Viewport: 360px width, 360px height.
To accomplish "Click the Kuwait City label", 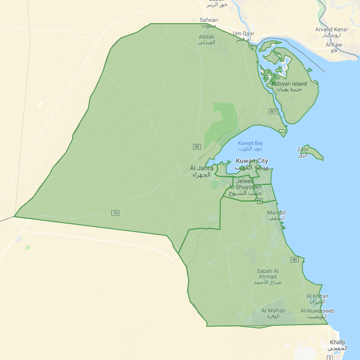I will [x=252, y=161].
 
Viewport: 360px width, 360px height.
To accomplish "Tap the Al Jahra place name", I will [x=201, y=168].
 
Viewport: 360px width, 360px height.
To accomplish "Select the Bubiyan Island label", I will [x=289, y=84].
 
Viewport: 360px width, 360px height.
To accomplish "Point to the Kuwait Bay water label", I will [x=250, y=143].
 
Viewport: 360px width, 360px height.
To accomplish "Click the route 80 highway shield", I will [x=197, y=147].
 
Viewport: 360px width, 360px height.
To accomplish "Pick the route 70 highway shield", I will [x=115, y=213].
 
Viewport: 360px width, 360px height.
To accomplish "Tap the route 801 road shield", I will [x=273, y=111].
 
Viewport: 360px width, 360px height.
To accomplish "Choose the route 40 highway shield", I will [x=294, y=260].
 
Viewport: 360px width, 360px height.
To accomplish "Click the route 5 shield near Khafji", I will [x=330, y=358].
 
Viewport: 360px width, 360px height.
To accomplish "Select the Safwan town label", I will [x=208, y=20].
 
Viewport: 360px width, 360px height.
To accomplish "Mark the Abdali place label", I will [x=207, y=37].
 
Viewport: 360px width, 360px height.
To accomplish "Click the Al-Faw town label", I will [x=334, y=45].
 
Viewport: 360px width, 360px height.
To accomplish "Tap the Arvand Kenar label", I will [x=332, y=30].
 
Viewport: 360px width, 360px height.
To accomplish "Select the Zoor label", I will [x=303, y=150].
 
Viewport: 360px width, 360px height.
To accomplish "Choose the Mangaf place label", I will [x=276, y=213].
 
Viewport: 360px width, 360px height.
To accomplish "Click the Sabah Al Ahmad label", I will [x=268, y=274].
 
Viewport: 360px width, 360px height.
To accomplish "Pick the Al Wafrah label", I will [x=273, y=311].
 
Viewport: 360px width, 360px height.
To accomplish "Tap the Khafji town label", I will [x=337, y=342].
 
